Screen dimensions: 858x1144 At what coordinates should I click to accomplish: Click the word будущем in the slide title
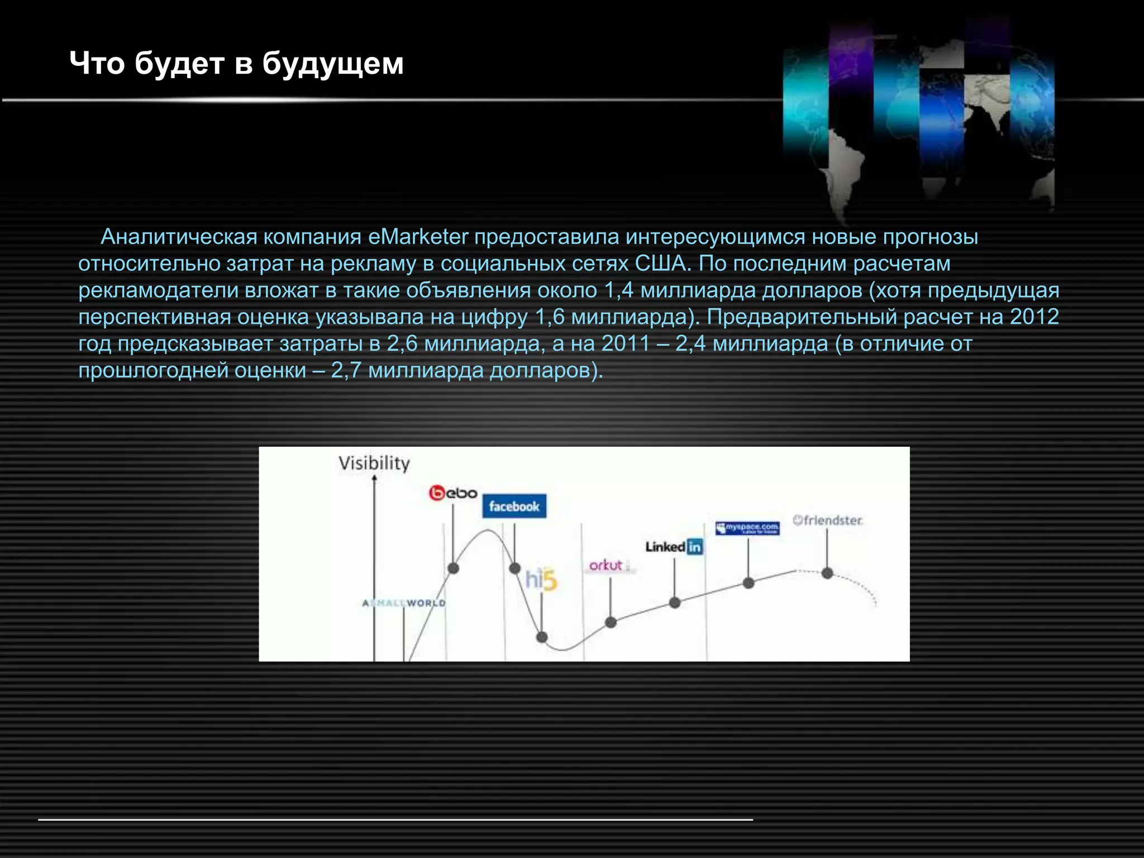tap(332, 64)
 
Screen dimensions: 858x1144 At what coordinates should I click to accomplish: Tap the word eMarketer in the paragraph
tap(418, 237)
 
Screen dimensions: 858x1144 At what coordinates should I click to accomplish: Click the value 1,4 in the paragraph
tap(618, 290)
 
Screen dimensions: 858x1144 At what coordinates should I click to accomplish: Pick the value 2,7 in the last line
tap(346, 370)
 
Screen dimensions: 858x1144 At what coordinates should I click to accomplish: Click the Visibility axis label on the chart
tap(374, 463)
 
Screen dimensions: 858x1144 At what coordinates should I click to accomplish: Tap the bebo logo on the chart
tap(453, 493)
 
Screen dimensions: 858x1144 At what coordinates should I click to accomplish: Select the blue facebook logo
tap(514, 506)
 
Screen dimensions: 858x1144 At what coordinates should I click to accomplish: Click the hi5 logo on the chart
tap(541, 579)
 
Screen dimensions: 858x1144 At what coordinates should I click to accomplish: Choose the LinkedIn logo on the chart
tap(674, 546)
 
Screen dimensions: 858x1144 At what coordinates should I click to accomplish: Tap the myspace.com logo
tap(747, 527)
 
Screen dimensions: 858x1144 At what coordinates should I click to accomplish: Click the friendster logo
tap(827, 520)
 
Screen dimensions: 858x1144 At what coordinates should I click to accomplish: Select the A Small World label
tap(404, 603)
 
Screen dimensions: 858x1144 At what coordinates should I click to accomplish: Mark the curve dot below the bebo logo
tap(454, 568)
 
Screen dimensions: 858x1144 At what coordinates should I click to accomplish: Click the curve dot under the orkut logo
tap(611, 622)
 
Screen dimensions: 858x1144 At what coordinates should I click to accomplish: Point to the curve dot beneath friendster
tap(827, 573)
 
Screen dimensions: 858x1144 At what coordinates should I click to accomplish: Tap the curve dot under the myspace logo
tap(749, 583)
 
